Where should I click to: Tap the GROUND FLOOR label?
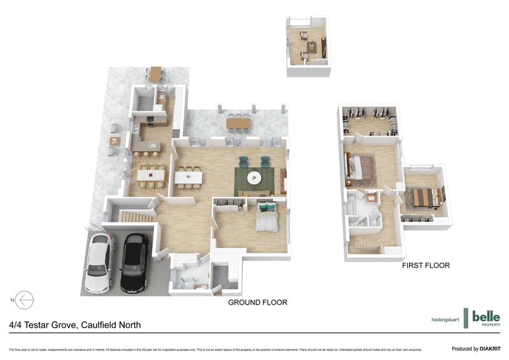point(258,303)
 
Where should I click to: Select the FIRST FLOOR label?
point(426,265)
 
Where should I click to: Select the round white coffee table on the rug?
point(254,177)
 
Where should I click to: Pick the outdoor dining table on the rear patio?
point(239,121)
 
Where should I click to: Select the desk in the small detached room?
point(312,46)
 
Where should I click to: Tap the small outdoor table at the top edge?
point(156,74)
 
